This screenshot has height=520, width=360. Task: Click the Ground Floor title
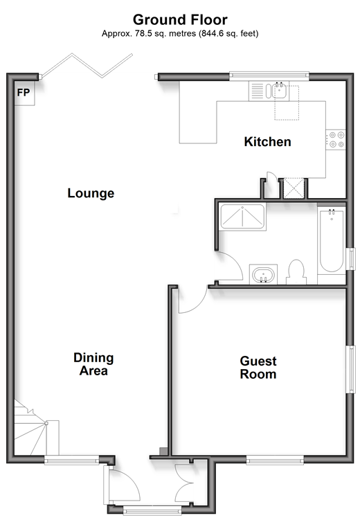[x=180, y=20]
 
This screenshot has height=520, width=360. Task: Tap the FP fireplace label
[x=24, y=93]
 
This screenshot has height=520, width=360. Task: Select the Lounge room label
[x=91, y=193]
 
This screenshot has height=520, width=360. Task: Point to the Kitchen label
[x=267, y=142]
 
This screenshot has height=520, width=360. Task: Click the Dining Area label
[x=93, y=364]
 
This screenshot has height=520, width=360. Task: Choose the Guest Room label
[x=258, y=368]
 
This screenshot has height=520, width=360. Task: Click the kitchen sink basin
[x=280, y=91]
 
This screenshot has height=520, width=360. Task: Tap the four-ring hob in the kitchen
[x=336, y=140]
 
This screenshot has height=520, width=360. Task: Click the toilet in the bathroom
[x=296, y=272]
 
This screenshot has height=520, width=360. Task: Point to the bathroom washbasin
[x=264, y=275]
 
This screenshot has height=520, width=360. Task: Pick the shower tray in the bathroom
[x=243, y=217]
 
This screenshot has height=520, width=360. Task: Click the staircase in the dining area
[x=37, y=428]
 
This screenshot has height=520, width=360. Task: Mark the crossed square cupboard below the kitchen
[x=294, y=188]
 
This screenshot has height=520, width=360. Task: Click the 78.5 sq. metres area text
[x=165, y=33]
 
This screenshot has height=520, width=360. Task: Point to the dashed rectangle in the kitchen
[x=287, y=102]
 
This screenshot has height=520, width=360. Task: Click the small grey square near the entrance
[x=164, y=451]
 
